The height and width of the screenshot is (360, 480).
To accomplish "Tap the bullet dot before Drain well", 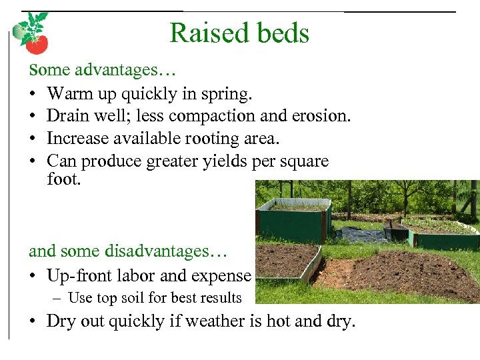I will coord(33,117).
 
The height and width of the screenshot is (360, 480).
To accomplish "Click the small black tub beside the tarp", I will coord(397,232).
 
